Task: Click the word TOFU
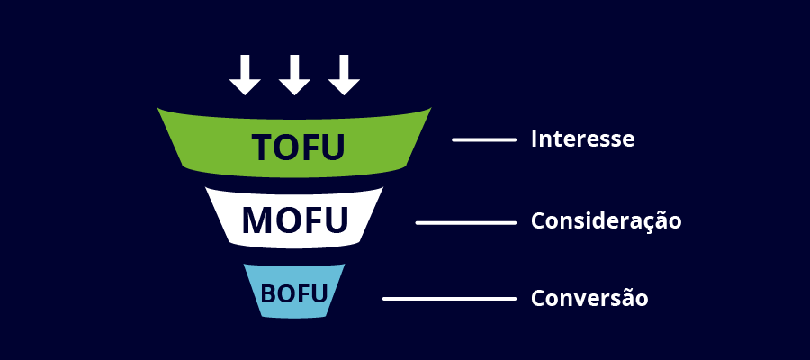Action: click(x=298, y=148)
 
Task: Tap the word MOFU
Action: click(x=294, y=220)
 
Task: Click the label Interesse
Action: click(x=582, y=139)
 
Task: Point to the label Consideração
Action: click(x=606, y=221)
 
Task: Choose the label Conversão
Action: click(x=589, y=298)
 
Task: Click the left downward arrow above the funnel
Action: click(x=245, y=76)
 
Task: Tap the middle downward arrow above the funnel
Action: click(x=294, y=76)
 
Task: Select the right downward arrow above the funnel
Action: click(x=344, y=76)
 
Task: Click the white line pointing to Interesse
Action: click(x=483, y=139)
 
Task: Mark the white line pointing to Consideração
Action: click(x=465, y=222)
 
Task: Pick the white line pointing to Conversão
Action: click(x=449, y=298)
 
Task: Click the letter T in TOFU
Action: click(x=263, y=148)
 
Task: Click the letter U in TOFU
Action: click(x=332, y=148)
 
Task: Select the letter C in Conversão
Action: click(x=538, y=298)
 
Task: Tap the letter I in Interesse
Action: click(x=535, y=139)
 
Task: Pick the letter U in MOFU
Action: click(x=335, y=220)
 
